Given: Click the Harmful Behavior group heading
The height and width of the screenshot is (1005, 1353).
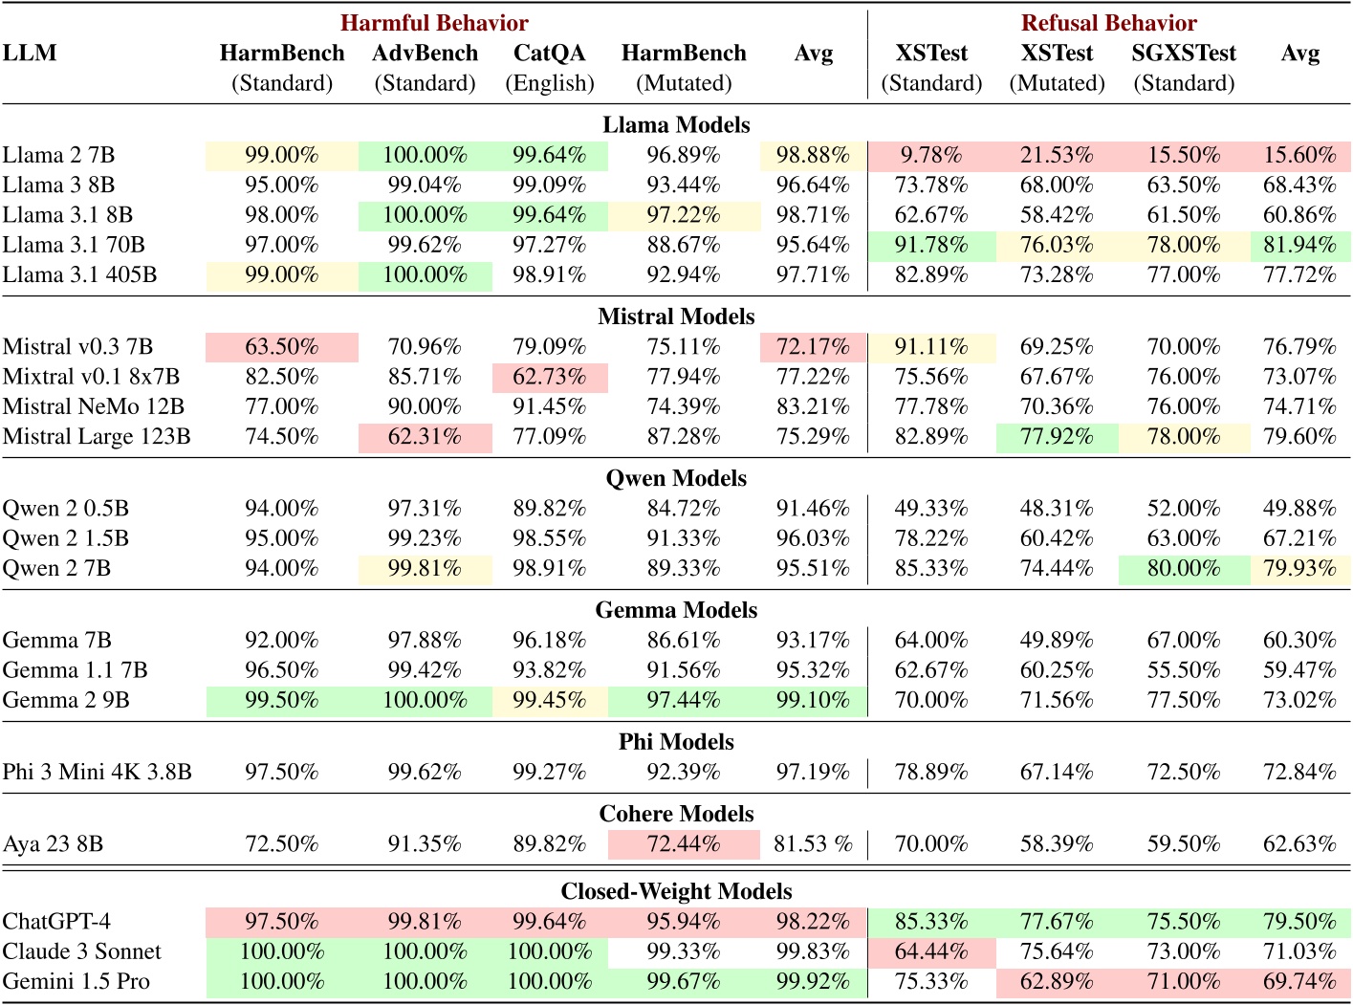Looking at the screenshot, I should point(434,23).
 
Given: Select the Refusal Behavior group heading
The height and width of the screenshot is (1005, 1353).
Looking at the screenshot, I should point(1108,23).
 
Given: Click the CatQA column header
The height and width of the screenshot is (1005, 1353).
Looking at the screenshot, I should point(549,54).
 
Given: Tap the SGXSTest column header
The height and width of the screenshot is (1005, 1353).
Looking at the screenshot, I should point(1183,54).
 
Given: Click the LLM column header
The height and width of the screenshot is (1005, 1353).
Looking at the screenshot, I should point(30,54).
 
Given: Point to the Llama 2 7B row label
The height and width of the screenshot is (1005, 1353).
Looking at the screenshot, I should point(58,155).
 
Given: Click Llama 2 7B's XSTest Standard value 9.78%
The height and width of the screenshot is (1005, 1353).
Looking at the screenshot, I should point(930,155).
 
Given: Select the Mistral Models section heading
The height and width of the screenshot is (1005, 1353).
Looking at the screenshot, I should point(675,317).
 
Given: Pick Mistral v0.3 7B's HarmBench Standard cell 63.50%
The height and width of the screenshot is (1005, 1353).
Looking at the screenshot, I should point(281,346).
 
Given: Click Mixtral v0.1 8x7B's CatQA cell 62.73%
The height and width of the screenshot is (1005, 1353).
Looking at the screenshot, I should point(549,377).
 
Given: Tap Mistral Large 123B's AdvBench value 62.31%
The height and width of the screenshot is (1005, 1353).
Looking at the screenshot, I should point(425,437).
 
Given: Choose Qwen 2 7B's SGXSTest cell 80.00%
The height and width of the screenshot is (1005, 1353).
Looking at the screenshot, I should point(1183,569).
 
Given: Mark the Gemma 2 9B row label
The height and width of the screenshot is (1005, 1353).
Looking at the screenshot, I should point(66,700).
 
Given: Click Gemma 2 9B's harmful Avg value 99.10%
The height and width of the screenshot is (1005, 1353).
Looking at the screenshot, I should point(813,700).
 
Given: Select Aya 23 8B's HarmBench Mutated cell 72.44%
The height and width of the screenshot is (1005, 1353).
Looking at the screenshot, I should point(684,844).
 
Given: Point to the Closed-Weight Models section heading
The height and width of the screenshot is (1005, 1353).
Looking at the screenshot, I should point(675,891).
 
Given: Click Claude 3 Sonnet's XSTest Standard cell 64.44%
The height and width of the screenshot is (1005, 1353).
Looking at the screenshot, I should point(930,951).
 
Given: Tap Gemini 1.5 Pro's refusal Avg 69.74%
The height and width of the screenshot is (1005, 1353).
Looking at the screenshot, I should point(1299,982).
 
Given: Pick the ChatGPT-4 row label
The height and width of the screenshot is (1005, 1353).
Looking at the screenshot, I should point(56,922).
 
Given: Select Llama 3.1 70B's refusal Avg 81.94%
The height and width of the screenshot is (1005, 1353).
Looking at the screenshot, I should point(1299,246).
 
